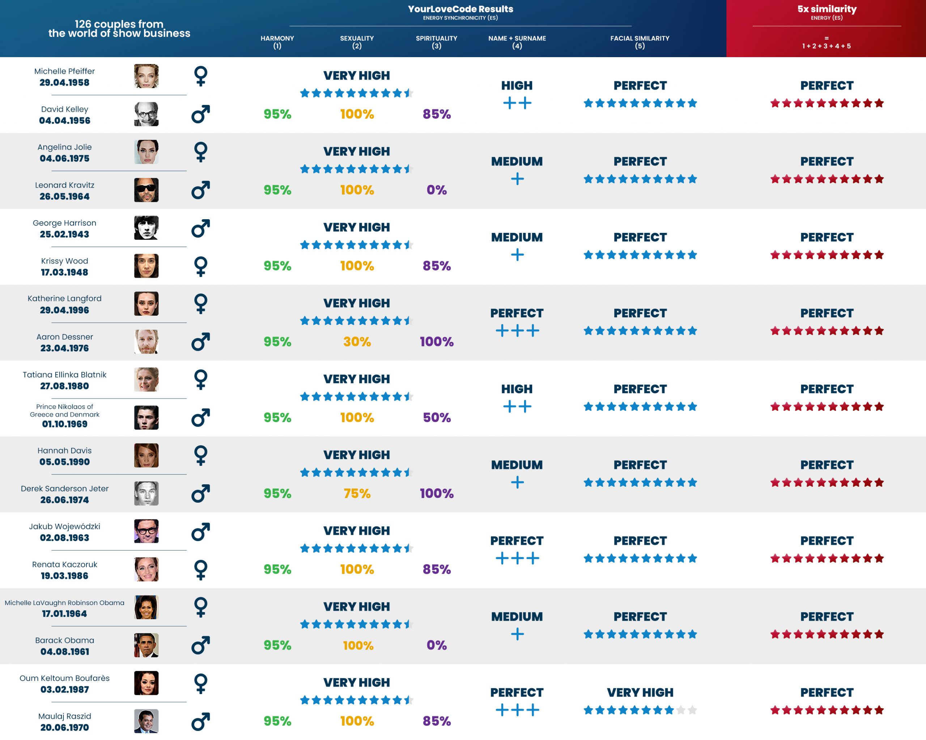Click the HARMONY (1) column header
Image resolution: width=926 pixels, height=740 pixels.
pos(277,42)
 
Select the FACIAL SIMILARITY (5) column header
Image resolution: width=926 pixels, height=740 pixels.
pos(640,42)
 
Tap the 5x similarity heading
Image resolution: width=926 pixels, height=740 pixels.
pos(827,9)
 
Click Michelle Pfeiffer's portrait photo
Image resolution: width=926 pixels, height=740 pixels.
pos(146,76)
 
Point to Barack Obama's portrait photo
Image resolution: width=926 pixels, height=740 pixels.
pos(146,645)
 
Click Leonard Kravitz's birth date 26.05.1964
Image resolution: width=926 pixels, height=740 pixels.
pos(64,196)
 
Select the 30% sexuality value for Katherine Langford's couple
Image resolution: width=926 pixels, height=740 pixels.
pos(357,341)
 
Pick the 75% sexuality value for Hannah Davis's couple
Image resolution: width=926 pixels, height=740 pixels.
pos(357,493)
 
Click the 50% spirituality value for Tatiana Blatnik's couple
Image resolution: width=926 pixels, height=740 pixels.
pos(436,417)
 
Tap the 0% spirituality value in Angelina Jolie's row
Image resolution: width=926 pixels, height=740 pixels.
pos(436,190)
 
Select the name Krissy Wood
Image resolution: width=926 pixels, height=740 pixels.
pos(64,261)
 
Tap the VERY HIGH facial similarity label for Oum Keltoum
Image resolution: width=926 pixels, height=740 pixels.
pos(640,692)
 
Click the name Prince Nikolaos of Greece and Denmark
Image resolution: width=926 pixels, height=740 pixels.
pos(64,410)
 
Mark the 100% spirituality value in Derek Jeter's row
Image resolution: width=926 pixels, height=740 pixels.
pos(436,493)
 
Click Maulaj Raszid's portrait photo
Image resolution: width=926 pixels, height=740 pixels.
pos(146,721)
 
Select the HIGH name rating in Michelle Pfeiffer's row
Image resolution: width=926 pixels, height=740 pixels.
pos(517,85)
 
